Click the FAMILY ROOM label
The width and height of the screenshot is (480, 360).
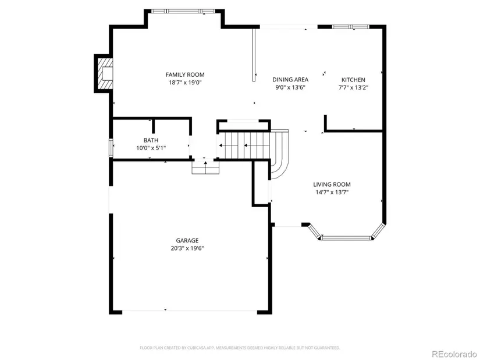(x=185, y=74)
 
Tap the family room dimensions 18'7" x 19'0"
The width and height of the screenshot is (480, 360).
(x=185, y=83)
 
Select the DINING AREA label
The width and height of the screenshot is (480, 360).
(x=290, y=80)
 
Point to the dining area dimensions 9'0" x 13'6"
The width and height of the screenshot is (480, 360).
(x=290, y=88)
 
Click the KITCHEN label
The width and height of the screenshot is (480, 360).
(x=353, y=80)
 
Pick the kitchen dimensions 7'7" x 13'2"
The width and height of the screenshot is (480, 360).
(x=353, y=88)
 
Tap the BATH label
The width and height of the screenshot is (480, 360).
(x=151, y=140)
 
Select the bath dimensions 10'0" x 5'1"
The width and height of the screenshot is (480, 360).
(x=151, y=148)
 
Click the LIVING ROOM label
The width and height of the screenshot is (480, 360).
(x=332, y=184)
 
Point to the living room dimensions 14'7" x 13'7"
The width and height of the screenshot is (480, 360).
(x=332, y=193)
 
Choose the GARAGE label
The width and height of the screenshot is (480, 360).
(x=187, y=240)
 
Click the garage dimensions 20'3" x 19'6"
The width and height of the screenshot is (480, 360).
(x=187, y=248)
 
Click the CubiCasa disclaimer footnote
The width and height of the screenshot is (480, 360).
(x=240, y=348)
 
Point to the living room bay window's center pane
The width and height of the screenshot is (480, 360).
(x=346, y=237)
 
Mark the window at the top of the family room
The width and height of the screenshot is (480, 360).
(x=183, y=11)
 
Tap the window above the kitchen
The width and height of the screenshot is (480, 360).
(x=351, y=27)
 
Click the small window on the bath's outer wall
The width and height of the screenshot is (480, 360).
(x=111, y=148)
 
